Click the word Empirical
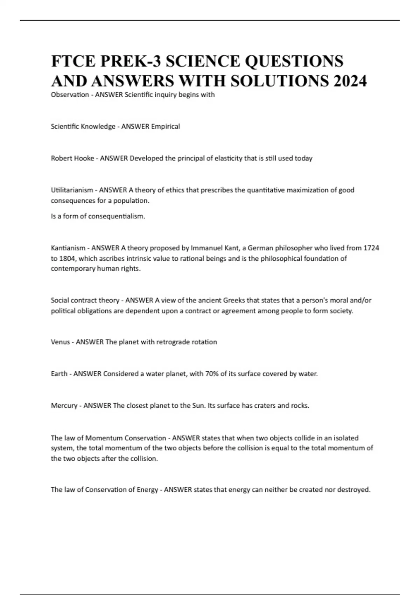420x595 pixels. pos(165,126)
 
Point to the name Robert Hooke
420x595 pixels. pos(72,158)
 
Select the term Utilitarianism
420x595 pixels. pos(72,190)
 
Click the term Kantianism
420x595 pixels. pos(68,248)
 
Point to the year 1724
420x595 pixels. pos(371,248)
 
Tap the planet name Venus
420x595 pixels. pos(60,342)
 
